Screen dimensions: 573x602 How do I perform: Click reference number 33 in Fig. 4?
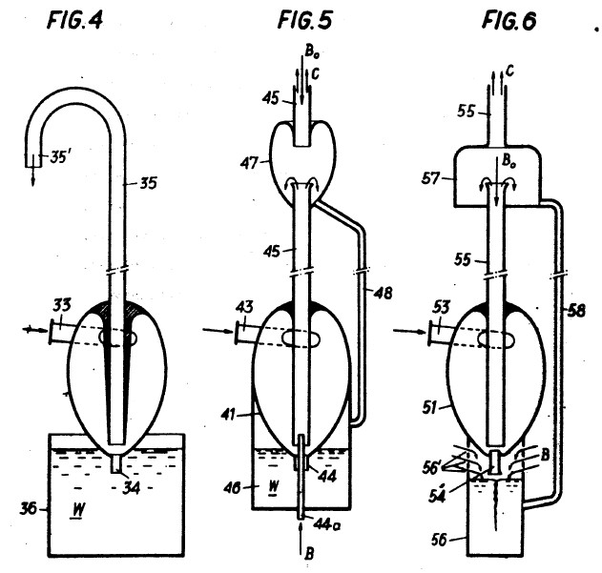pos(62,306)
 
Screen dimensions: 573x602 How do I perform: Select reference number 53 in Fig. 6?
pos(442,305)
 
